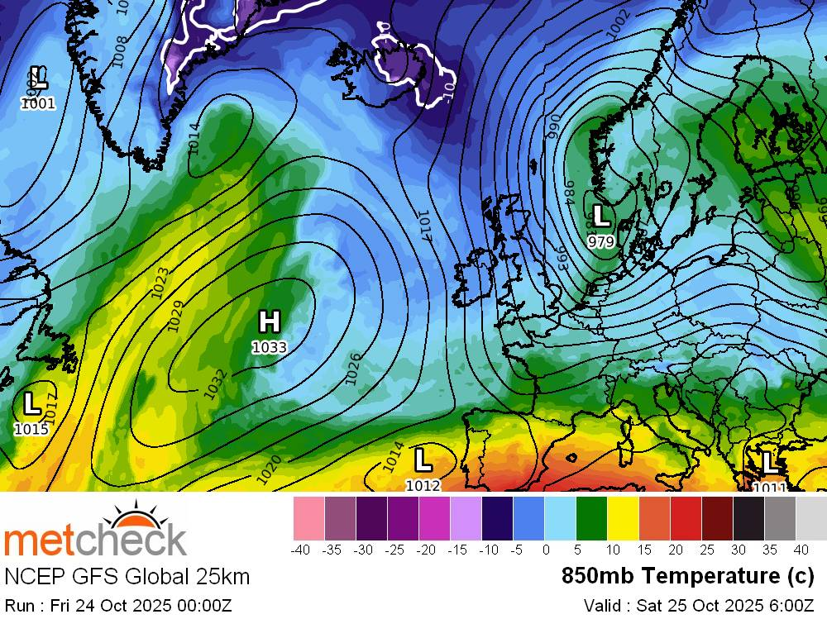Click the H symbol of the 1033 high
(x=269, y=321)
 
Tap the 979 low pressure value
(x=600, y=241)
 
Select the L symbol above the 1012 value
(x=423, y=459)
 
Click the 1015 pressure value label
(x=31, y=429)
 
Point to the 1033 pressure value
(x=269, y=348)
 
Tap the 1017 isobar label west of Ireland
(x=424, y=226)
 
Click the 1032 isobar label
(x=216, y=384)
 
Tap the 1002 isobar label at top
(x=619, y=23)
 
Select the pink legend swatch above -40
(x=308, y=518)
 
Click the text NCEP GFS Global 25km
(x=127, y=576)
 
